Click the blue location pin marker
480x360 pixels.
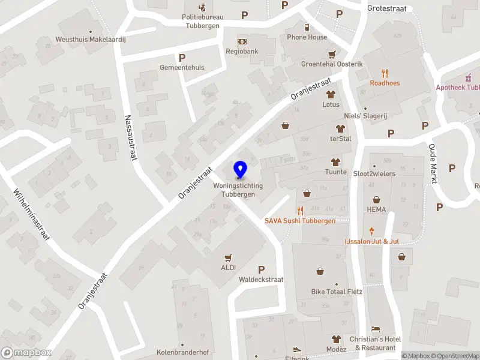[x=240, y=170]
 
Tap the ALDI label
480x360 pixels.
[x=229, y=268]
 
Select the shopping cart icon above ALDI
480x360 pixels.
[x=228, y=258]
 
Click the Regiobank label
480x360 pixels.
[x=241, y=52]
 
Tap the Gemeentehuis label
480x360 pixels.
[x=182, y=67]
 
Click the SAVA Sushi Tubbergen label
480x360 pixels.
[x=300, y=221]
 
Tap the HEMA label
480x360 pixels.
[x=376, y=209]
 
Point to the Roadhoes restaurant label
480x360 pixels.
[x=385, y=83]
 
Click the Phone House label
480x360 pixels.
[x=307, y=37]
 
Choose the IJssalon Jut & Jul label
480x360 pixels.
[x=371, y=241]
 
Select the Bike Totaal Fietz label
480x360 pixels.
[x=337, y=292]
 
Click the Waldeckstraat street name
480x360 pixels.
[x=261, y=280]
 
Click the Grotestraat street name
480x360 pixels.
[x=387, y=8]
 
